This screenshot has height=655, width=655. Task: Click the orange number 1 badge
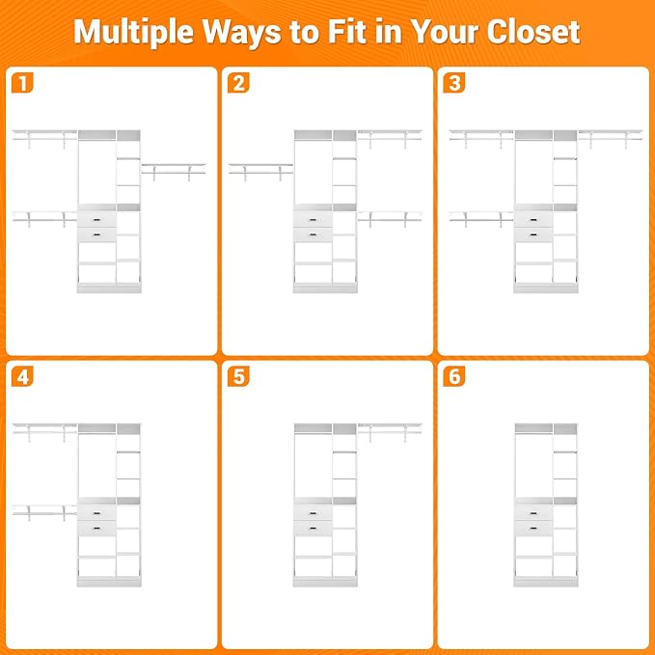[22, 83]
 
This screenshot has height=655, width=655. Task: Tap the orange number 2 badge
[238, 83]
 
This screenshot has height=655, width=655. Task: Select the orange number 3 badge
[454, 83]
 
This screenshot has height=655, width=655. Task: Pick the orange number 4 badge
[22, 376]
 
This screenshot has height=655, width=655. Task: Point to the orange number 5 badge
[238, 376]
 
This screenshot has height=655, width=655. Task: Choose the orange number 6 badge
[454, 376]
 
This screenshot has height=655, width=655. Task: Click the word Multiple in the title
[133, 33]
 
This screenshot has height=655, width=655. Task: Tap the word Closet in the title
[533, 32]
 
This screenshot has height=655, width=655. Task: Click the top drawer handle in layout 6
[533, 513]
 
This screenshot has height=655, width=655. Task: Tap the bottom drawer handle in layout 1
[96, 235]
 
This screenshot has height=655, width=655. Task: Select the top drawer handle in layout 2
[313, 220]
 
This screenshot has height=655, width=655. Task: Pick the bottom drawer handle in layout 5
[313, 529]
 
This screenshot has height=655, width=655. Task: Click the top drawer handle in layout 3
[533, 220]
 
